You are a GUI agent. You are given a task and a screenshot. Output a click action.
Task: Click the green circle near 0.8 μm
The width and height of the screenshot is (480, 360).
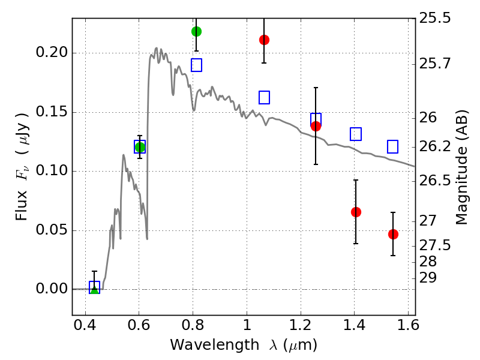pyautogui.click(x=196, y=31)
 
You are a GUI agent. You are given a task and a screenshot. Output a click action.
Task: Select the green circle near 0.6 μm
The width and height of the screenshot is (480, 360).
pyautogui.click(x=140, y=147)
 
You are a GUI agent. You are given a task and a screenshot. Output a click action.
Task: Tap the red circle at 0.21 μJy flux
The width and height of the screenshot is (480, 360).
pyautogui.click(x=264, y=40)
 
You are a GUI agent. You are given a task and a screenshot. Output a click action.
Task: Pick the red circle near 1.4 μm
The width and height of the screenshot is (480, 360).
pyautogui.click(x=356, y=212)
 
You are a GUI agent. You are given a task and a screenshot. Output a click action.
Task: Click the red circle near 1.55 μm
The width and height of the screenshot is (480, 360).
pyautogui.click(x=393, y=234)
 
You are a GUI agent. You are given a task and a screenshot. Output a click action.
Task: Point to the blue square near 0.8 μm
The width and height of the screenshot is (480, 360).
pyautogui.click(x=196, y=65)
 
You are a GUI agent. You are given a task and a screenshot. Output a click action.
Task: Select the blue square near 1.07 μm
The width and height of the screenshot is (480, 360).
pyautogui.click(x=264, y=97)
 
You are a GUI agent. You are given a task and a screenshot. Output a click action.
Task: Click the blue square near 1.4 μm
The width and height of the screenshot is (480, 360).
pyautogui.click(x=356, y=134)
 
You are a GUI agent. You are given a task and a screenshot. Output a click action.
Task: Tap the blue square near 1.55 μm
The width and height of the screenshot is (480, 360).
pyautogui.click(x=393, y=146)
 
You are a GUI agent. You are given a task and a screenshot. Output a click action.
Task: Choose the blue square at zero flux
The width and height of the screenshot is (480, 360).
pyautogui.click(x=94, y=287)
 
